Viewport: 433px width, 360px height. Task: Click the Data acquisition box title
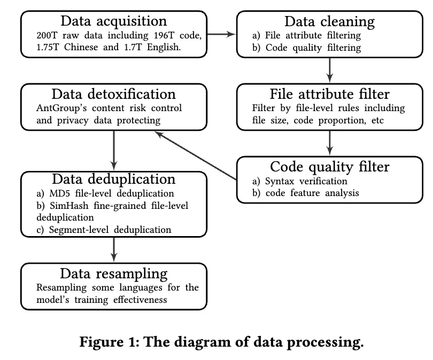pos(113,21)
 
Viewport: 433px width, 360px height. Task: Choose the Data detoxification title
pos(113,95)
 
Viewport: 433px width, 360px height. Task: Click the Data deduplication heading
pos(113,178)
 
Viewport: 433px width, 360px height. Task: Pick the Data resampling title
pos(113,273)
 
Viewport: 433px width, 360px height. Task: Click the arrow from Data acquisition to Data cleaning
pos(221,34)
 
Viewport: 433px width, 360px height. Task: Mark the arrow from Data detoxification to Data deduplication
pos(113,149)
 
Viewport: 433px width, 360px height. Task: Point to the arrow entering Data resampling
pos(113,249)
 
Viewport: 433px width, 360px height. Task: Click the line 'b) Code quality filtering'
pos(307,48)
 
